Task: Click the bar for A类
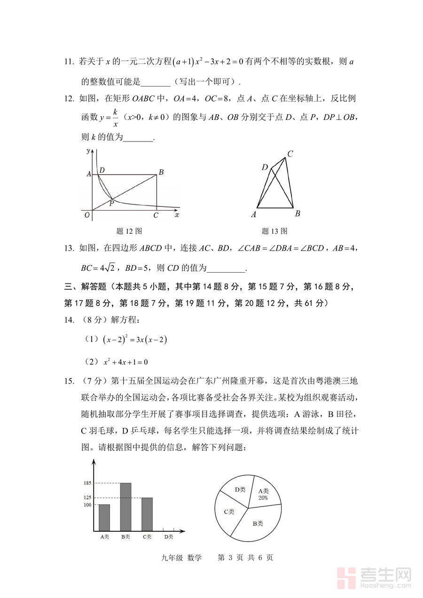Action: [x=104, y=517]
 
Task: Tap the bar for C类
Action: [x=147, y=514]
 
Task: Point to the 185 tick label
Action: [x=87, y=483]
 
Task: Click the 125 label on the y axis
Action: [x=87, y=498]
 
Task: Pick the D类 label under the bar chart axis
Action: [x=169, y=537]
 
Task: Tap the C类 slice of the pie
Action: [x=230, y=512]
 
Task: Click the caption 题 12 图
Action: [x=129, y=231]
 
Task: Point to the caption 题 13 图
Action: [x=274, y=231]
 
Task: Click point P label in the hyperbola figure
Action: [x=112, y=204]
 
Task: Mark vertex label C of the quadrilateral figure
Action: [x=290, y=153]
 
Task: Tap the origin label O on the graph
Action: [x=87, y=215]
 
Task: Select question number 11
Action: [x=69, y=62]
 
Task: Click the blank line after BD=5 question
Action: [x=226, y=268]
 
